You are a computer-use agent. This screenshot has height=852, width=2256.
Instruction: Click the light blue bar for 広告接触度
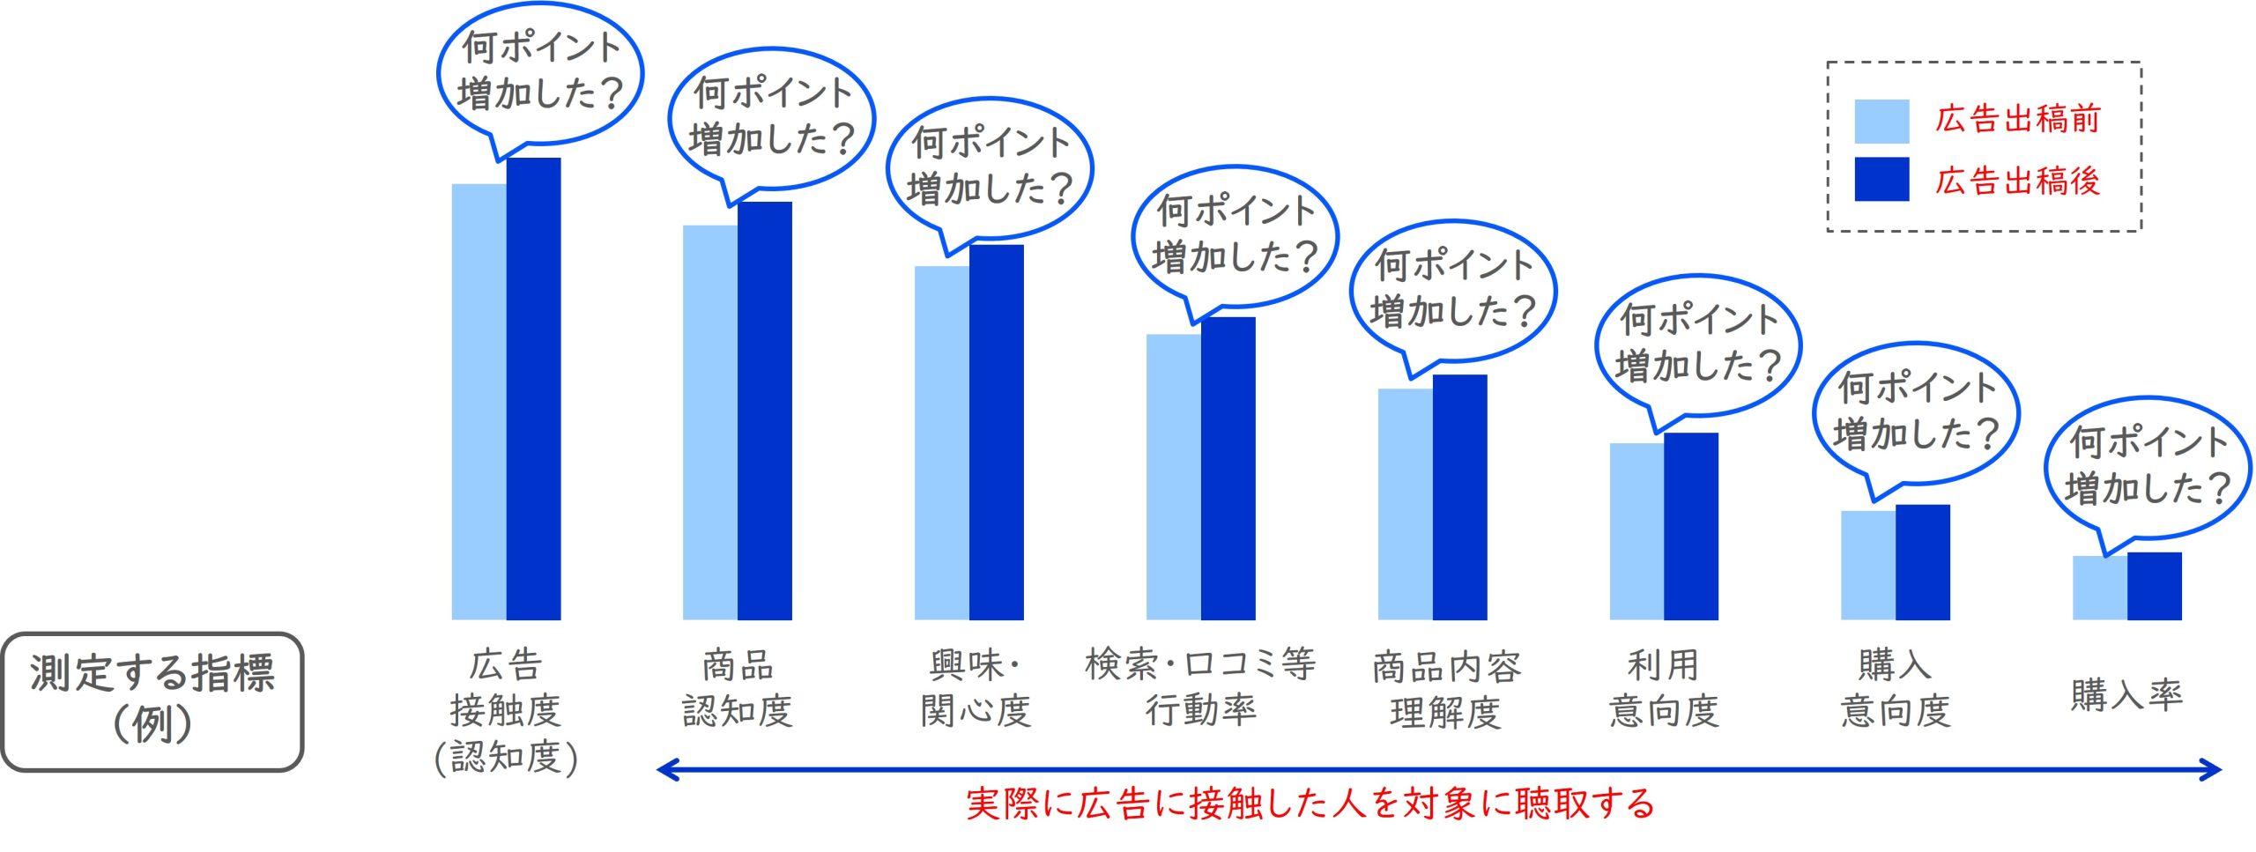click(479, 401)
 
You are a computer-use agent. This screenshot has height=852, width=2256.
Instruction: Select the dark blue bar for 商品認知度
click(765, 411)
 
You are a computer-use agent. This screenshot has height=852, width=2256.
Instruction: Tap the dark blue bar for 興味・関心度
click(997, 432)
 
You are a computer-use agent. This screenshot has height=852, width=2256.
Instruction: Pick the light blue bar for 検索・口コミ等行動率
click(1173, 477)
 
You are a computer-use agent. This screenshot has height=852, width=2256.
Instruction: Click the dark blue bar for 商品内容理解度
click(1460, 497)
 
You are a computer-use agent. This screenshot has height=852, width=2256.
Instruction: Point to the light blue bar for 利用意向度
click(1636, 531)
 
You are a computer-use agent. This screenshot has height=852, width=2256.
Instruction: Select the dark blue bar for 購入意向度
click(1923, 562)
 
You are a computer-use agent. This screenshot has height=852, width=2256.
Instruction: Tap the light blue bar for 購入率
click(2099, 588)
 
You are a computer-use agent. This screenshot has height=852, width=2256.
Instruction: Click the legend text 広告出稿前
click(2017, 119)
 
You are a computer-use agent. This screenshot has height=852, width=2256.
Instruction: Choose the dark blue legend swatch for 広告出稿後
click(1881, 179)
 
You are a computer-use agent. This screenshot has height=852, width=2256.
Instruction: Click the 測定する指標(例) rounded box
click(152, 701)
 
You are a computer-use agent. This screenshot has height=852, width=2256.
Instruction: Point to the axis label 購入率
click(2126, 695)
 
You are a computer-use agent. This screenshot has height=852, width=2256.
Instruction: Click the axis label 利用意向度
click(1664, 688)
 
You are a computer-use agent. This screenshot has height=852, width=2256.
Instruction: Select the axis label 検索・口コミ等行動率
click(1200, 686)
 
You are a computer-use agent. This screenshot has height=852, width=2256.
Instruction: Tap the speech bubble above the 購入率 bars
click(2147, 465)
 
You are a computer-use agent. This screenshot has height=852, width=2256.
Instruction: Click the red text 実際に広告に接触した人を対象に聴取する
click(1310, 804)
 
